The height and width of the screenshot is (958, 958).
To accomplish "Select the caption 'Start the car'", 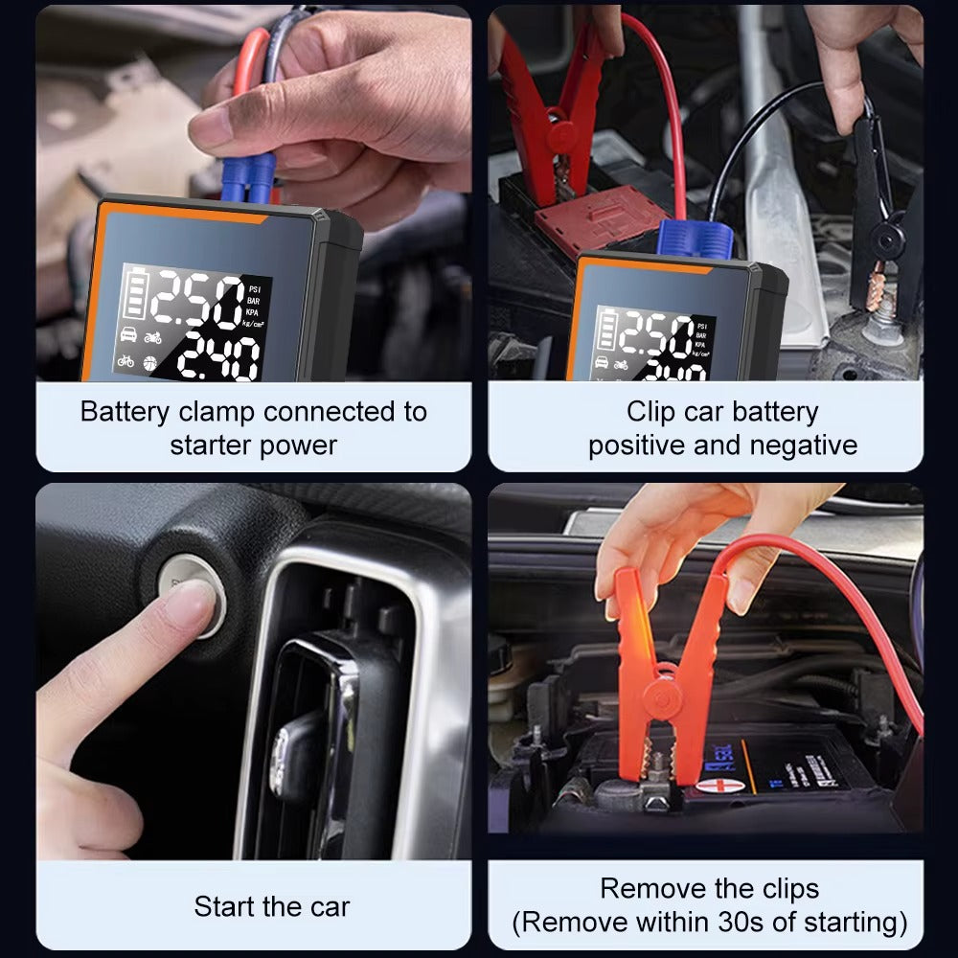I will pos(272,906).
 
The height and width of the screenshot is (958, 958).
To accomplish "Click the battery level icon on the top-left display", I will pos(134,293).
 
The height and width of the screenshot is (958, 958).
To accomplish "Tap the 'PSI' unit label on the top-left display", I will pos(254,288).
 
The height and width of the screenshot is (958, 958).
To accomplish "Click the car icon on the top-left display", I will pos(125,335).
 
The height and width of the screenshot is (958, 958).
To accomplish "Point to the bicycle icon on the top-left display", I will pos(125,362).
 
